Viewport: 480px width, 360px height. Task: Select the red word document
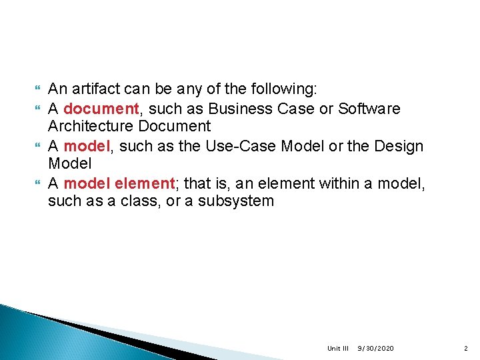click(x=91, y=108)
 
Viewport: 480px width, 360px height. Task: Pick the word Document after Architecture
click(x=178, y=127)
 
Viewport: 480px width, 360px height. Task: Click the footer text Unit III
click(x=338, y=349)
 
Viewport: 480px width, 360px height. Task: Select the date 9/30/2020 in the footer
click(x=376, y=349)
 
